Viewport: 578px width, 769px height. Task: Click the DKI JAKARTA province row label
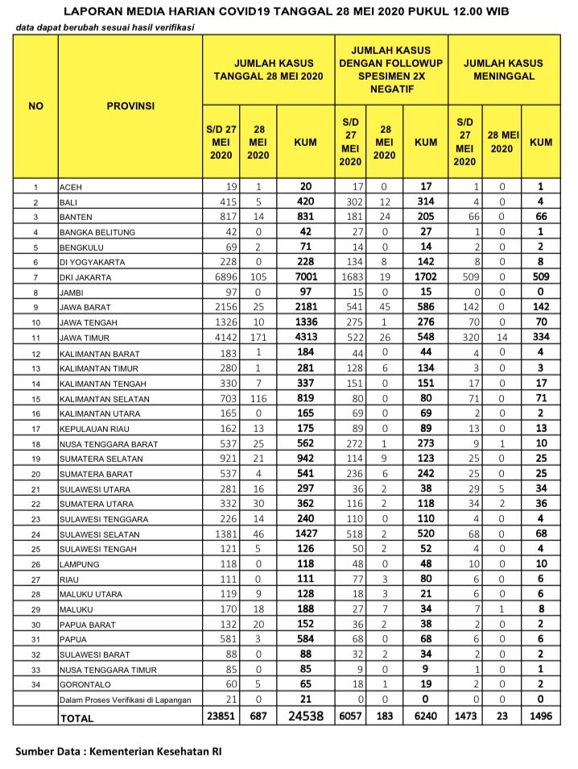(85, 278)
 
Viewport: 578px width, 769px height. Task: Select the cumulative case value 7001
(305, 276)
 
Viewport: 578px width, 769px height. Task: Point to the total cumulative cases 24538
(305, 716)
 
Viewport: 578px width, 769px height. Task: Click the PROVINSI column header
(130, 106)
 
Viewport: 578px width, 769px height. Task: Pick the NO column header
(36, 106)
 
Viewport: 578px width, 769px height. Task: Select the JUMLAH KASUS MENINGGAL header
(504, 69)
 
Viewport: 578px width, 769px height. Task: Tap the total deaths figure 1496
(541, 716)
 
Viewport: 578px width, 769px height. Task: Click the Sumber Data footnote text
(118, 751)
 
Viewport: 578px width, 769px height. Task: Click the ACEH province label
(72, 187)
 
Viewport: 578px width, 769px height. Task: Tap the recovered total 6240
(425, 716)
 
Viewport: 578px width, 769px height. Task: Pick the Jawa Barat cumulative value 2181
(305, 307)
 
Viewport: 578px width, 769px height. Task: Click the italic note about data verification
(105, 27)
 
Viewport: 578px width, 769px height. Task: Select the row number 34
(36, 685)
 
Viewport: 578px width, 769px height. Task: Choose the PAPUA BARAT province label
(85, 624)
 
